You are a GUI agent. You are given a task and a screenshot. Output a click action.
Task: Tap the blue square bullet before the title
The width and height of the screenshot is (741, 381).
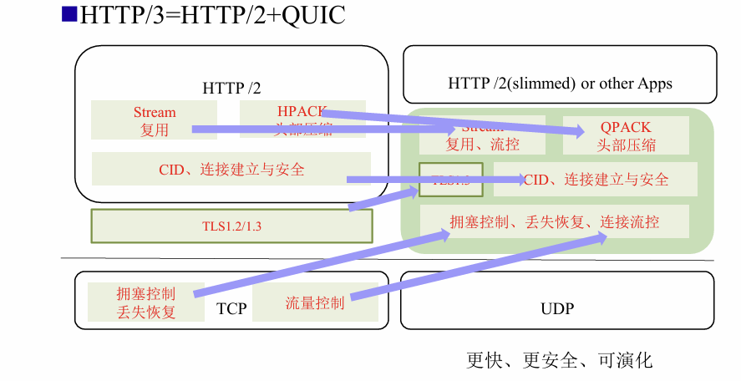pos(69,14)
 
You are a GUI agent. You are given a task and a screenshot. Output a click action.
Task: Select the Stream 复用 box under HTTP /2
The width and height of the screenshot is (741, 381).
pos(155,120)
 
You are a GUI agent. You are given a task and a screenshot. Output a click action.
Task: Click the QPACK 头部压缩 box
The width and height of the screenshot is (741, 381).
pos(626,135)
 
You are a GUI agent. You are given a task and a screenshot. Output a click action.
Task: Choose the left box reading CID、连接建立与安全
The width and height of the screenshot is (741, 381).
pos(231,169)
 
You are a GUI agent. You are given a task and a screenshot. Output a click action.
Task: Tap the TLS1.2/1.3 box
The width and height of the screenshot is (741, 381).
pos(231,226)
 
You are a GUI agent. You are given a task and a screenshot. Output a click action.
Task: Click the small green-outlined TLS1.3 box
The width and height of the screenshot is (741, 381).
pos(451,180)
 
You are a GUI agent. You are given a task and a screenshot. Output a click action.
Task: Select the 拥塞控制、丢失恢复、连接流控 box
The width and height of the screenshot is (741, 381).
pos(555,221)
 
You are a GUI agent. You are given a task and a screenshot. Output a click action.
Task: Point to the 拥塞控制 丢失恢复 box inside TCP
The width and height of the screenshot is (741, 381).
pos(146,302)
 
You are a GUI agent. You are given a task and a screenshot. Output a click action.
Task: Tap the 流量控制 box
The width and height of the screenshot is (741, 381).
pos(314,302)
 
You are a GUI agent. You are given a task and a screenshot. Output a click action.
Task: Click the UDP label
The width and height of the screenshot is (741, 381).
pos(557,309)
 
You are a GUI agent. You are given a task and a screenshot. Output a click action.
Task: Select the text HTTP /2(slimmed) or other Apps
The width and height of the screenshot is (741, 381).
pos(560,84)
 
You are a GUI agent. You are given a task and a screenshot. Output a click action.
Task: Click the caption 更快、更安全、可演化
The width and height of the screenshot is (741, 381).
pos(559,361)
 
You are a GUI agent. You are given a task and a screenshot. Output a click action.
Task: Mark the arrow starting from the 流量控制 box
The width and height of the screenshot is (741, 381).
pos(476,267)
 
